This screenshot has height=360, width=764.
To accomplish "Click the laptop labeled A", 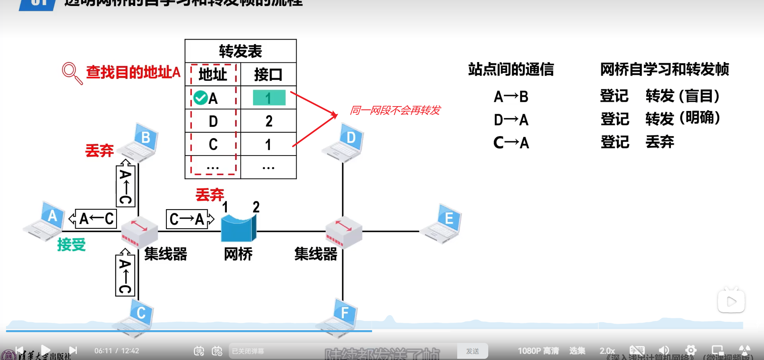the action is click(45, 222).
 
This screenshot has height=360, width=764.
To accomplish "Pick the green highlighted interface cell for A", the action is click(269, 98).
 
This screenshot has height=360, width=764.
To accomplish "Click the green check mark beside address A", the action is click(201, 98).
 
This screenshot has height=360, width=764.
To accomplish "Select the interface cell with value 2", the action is click(269, 121).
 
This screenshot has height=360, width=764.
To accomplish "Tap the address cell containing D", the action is click(213, 121).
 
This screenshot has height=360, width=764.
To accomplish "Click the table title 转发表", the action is click(240, 51).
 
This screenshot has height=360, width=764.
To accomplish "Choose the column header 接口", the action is click(268, 74).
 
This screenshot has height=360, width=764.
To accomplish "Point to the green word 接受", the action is click(72, 244).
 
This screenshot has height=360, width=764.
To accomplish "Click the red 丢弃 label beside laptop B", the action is click(99, 150).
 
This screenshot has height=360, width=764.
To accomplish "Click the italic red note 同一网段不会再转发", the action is click(395, 110).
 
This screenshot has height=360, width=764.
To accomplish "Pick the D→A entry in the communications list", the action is click(511, 119).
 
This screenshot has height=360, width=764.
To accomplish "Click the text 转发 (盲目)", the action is click(682, 96).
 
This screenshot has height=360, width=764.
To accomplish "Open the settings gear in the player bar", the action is click(691, 350).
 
